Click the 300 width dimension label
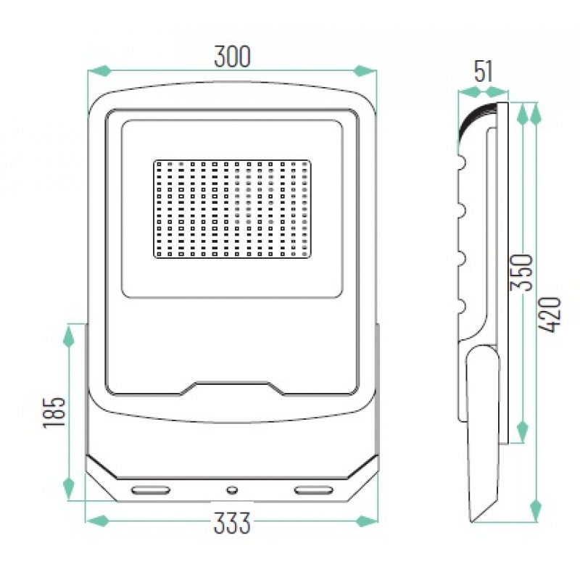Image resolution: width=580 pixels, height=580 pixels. [232, 57]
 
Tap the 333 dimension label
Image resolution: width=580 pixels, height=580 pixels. [232, 523]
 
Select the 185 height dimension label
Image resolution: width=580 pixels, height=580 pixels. [54, 413]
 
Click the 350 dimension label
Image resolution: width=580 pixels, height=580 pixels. [521, 272]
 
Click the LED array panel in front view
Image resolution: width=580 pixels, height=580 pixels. [232, 209]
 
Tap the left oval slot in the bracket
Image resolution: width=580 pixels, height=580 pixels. [151, 491]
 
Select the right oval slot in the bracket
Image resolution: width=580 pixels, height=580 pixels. [314, 491]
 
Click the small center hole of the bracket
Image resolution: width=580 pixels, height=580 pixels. [232, 491]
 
